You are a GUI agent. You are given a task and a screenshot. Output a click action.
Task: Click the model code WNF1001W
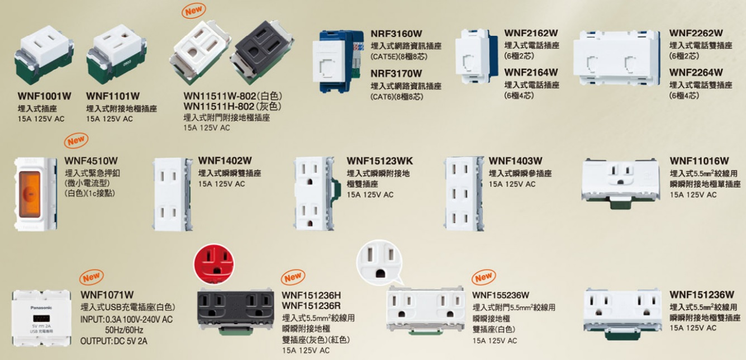(44, 96)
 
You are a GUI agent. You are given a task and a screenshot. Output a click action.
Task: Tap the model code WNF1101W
(113, 96)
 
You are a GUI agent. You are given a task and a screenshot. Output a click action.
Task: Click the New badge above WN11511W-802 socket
(193, 11)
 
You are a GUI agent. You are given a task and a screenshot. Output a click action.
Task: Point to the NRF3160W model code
(396, 34)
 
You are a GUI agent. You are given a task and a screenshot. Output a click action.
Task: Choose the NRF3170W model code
(396, 73)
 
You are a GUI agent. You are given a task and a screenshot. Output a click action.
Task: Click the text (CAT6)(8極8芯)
(397, 97)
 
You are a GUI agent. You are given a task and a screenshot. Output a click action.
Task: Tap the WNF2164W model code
(531, 72)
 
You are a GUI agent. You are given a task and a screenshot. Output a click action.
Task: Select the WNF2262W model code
(696, 34)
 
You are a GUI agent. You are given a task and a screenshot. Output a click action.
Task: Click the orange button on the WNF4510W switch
(30, 195)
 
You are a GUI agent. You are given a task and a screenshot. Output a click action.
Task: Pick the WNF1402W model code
(225, 160)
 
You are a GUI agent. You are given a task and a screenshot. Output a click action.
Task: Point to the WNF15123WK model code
(379, 161)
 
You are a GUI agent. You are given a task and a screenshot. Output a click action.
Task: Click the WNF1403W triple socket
(464, 194)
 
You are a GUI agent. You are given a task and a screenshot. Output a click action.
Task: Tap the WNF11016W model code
(700, 161)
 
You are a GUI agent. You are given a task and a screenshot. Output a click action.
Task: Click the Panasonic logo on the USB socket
(41, 307)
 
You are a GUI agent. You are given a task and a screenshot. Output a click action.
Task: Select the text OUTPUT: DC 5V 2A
(113, 341)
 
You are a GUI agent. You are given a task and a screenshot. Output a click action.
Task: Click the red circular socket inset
(214, 264)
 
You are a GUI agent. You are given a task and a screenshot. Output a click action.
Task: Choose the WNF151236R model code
(311, 305)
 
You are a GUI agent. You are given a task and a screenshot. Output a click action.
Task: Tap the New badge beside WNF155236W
(483, 277)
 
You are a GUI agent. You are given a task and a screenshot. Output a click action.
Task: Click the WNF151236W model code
(702, 295)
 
